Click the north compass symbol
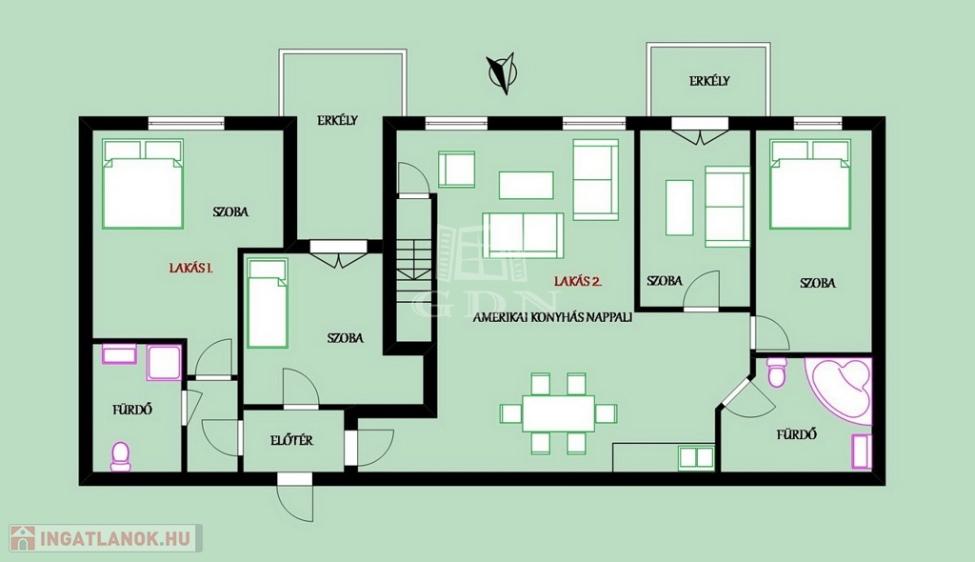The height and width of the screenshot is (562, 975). click(x=502, y=72)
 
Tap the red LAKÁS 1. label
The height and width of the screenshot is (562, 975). click(x=190, y=269)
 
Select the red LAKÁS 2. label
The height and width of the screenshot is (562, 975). click(x=578, y=281)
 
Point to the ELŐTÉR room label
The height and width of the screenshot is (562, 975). click(x=291, y=441)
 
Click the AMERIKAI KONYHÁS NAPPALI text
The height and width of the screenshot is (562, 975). click(x=552, y=317)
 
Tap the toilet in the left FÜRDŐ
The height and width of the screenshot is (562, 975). click(x=120, y=457)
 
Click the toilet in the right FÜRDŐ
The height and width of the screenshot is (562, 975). click(x=777, y=371)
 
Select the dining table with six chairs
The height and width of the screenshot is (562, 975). click(x=558, y=413)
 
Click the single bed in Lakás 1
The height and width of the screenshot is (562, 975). click(x=268, y=303)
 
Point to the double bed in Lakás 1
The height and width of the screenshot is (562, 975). click(x=143, y=184)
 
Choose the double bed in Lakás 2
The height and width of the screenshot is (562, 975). click(x=810, y=184)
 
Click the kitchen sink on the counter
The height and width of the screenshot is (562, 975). click(x=696, y=457)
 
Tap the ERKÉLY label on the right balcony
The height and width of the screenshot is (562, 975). click(x=708, y=81)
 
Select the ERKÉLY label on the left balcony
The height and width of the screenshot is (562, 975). click(x=337, y=121)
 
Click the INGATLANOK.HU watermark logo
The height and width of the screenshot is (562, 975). click(x=106, y=538)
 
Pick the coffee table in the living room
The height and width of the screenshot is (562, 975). click(x=526, y=186)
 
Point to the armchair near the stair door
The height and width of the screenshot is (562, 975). click(x=456, y=170)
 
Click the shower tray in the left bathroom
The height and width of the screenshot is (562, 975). click(x=164, y=363)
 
